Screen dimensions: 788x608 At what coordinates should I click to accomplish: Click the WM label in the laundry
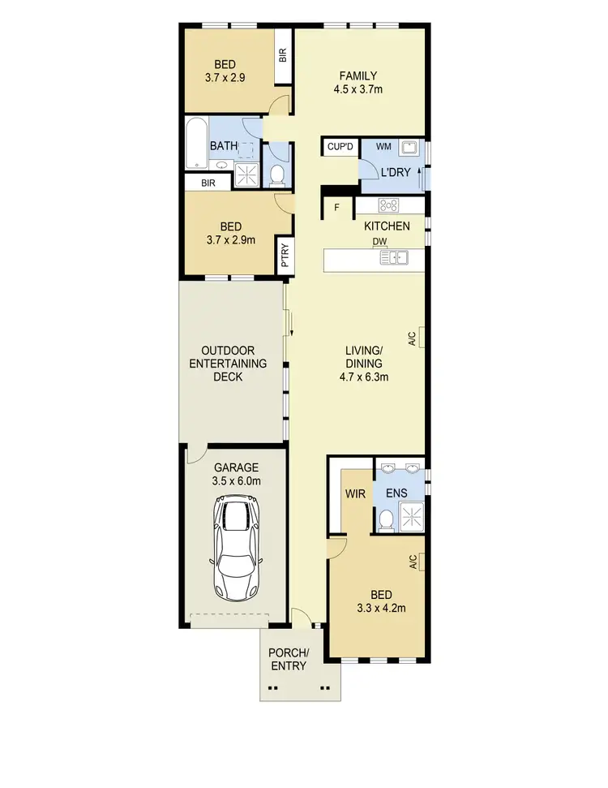tap(384, 147)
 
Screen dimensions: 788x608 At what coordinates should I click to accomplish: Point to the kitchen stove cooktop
tap(388, 205)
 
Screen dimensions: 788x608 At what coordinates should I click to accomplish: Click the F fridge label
tap(337, 208)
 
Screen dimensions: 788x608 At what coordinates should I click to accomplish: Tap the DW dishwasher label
tap(379, 242)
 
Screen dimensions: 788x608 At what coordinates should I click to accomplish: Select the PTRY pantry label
tap(285, 256)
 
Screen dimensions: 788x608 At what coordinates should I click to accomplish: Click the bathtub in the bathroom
tap(197, 144)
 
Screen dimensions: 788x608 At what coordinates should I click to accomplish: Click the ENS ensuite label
tap(397, 493)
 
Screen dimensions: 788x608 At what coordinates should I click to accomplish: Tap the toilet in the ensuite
tap(386, 519)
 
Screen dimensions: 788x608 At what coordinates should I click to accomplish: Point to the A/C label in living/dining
tap(413, 337)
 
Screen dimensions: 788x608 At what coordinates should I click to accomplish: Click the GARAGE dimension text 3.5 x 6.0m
tap(237, 481)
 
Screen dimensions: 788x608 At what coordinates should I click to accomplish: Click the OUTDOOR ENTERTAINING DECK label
tap(227, 364)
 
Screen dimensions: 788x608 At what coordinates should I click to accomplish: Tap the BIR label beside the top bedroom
tap(283, 55)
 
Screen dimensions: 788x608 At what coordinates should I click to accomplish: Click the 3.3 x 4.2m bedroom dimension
tap(380, 607)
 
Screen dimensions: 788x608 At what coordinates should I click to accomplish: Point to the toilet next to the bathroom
tap(276, 173)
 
